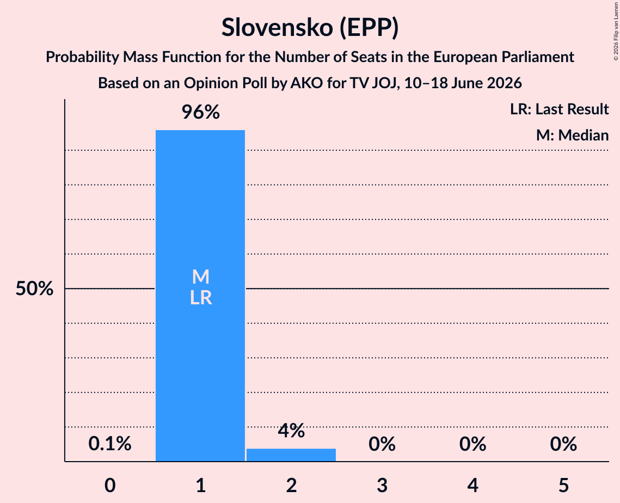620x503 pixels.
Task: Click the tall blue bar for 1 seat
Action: (200, 296)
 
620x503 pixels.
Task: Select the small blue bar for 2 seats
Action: (291, 455)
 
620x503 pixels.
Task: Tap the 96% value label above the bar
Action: (200, 112)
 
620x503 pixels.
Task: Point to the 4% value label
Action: (291, 431)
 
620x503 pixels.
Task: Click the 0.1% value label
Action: (109, 444)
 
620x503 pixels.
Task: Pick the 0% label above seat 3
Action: (382, 444)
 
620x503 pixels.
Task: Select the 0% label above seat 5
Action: (563, 444)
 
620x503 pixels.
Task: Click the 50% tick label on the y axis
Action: (34, 289)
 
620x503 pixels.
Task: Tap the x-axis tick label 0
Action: (110, 485)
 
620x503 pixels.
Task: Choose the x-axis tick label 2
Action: (291, 485)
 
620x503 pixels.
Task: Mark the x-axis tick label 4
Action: (473, 485)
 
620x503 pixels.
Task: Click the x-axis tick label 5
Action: (563, 485)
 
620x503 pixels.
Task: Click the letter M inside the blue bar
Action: (200, 277)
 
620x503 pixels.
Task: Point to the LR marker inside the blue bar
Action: (201, 298)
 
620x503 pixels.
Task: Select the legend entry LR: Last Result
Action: (559, 109)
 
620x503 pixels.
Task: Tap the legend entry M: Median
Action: (572, 135)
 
